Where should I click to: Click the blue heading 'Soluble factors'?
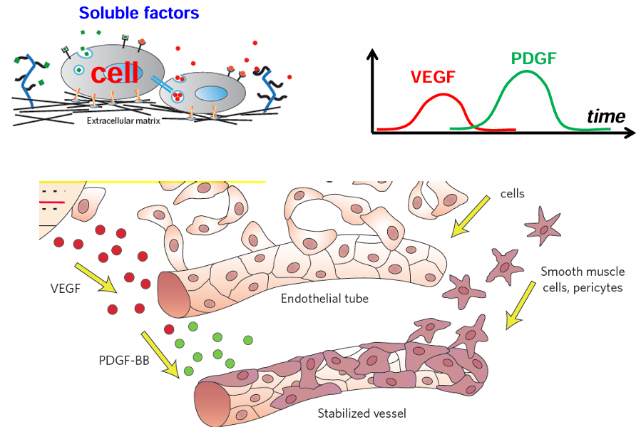tap(139, 13)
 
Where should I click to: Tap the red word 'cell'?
tap(115, 73)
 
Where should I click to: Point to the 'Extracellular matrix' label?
tap(123, 120)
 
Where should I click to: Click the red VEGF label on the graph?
tap(433, 77)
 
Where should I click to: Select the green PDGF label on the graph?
tap(533, 58)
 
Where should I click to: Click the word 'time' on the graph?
tap(606, 116)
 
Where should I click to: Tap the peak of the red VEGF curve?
tap(443, 95)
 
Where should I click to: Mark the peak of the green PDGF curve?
tap(528, 71)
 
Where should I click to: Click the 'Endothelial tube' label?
tap(324, 299)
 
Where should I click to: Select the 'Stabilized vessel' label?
tap(361, 413)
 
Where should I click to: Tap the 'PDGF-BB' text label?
tap(124, 361)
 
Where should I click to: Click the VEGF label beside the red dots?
tap(66, 289)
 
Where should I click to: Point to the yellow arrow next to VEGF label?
tap(96, 278)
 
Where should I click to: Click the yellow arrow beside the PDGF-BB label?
tap(160, 354)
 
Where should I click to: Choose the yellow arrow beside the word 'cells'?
tap(470, 216)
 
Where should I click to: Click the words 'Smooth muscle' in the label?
tap(583, 272)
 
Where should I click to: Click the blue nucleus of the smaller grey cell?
tap(210, 93)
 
